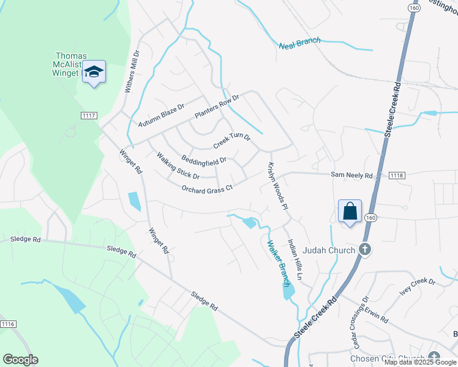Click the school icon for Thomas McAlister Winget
94,72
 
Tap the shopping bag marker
350,211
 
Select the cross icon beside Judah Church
365,249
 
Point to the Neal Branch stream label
299,44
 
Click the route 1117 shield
89,116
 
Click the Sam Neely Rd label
351,175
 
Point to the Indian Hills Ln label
295,259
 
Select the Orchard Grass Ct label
208,188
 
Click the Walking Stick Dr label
178,166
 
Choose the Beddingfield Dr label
204,160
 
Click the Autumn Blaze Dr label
161,116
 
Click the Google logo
20,359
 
